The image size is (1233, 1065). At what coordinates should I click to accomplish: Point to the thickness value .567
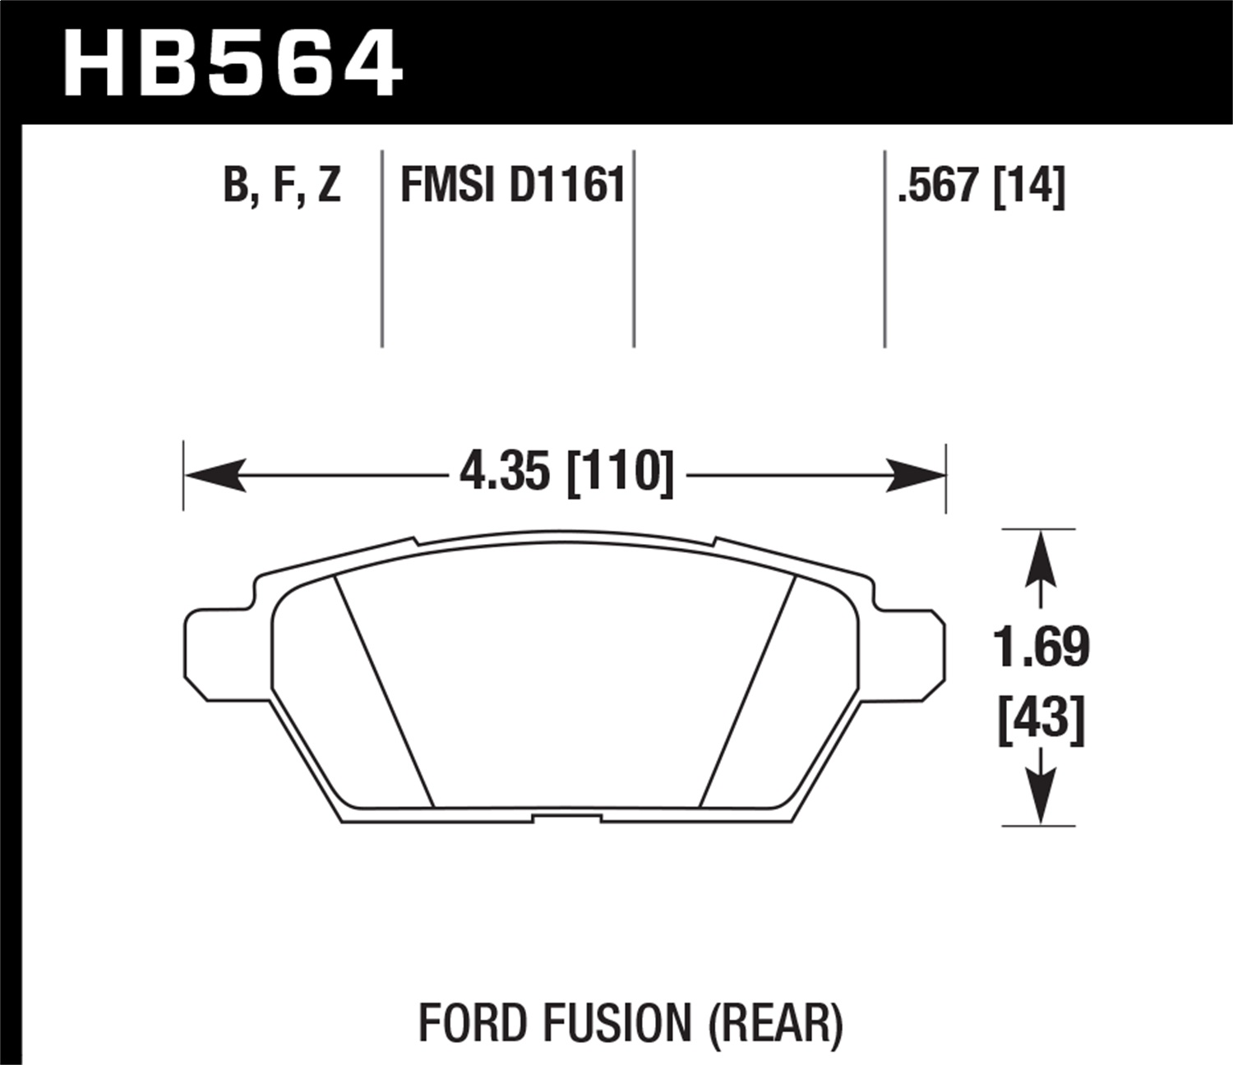[940, 185]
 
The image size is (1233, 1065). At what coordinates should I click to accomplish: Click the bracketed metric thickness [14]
[1029, 185]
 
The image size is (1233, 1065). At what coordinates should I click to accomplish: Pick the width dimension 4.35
[505, 473]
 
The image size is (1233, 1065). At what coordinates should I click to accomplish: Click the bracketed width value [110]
[621, 473]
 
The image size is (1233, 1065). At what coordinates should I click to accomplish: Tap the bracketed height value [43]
[1041, 720]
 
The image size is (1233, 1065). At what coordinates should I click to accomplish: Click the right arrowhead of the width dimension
[916, 475]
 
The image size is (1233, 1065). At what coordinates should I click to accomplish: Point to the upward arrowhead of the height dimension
[1041, 555]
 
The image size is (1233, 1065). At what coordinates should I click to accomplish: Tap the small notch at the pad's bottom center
[566, 818]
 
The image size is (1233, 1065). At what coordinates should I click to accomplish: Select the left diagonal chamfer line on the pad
[383, 690]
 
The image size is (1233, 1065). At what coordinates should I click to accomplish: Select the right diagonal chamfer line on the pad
[746, 690]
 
